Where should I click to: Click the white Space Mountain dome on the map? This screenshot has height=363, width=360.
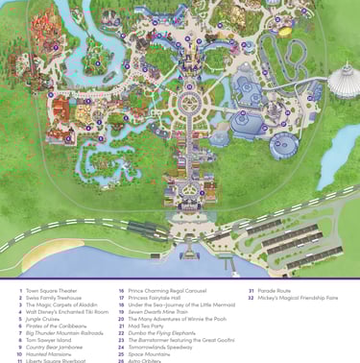pos(344,82)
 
